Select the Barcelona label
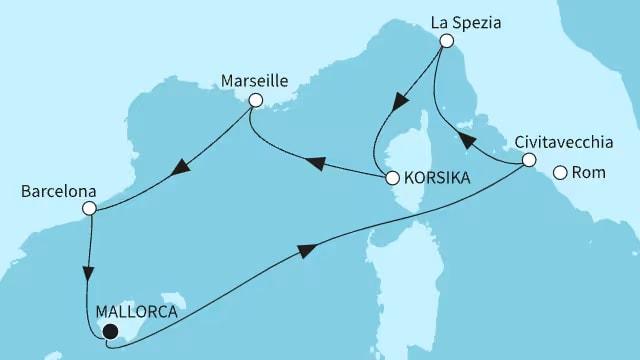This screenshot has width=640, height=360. coord(50,187)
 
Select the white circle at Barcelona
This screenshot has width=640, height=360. coord(89,209)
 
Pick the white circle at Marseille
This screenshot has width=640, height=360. coord(255,100)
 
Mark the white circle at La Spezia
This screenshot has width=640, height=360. coord(446,40)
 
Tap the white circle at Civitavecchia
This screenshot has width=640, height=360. coord(530,160)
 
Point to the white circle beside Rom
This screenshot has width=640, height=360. coord(560,173)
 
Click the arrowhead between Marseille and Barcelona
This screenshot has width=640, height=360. coord(181,169)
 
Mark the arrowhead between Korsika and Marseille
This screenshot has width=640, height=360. coord(315,160)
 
